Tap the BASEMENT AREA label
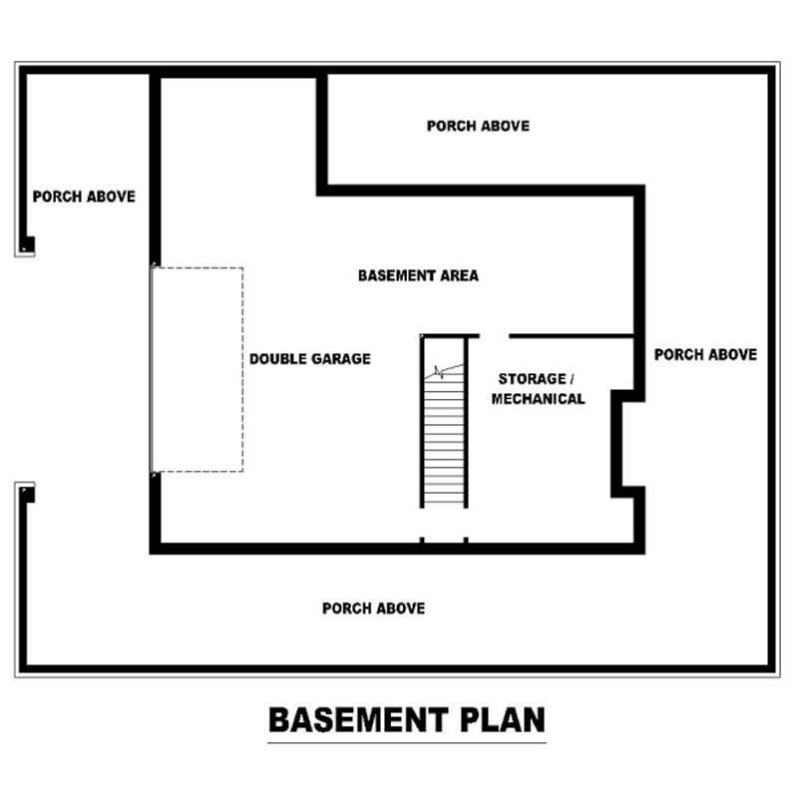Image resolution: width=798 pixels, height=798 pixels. [418, 275]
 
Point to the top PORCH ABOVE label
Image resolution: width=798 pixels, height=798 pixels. [478, 126]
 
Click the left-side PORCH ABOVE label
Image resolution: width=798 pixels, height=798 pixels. [84, 197]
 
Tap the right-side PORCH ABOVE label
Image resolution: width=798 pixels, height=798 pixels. [705, 354]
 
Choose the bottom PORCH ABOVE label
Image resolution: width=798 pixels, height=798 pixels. [373, 607]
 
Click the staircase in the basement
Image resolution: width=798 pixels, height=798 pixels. [444, 439]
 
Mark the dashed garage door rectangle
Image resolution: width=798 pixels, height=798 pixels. [198, 369]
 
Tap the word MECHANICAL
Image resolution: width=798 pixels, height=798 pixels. [539, 399]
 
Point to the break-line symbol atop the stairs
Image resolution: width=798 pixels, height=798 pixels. [442, 372]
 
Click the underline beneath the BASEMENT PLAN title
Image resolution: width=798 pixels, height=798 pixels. [406, 741]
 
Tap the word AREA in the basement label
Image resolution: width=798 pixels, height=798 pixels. [459, 275]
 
